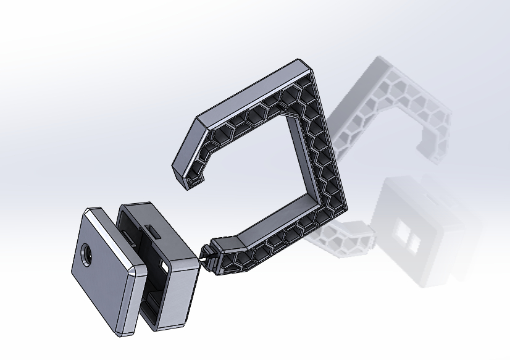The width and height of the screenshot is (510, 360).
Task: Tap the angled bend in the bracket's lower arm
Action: click(238, 237)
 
